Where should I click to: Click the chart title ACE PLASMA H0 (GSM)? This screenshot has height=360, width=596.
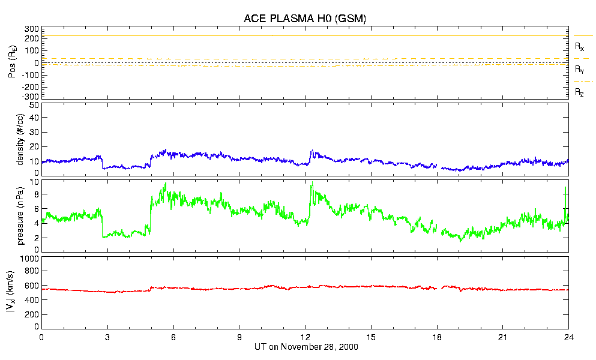pyautogui.click(x=305, y=19)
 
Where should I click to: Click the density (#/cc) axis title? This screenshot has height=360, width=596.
pyautogui.click(x=20, y=139)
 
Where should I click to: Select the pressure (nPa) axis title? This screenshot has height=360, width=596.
pyautogui.click(x=20, y=215)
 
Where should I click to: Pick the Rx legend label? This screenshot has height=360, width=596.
pyautogui.click(x=580, y=46)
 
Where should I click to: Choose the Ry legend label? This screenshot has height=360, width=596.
pyautogui.click(x=580, y=70)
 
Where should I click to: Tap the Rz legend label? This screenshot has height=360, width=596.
pyautogui.click(x=580, y=92)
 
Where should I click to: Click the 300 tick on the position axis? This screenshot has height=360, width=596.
pyautogui.click(x=31, y=29)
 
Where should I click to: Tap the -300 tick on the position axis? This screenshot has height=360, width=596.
pyautogui.click(x=29, y=96)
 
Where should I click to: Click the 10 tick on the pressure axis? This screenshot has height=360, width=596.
pyautogui.click(x=34, y=182)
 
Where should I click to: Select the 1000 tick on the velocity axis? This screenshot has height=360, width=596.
pyautogui.click(x=29, y=259)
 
